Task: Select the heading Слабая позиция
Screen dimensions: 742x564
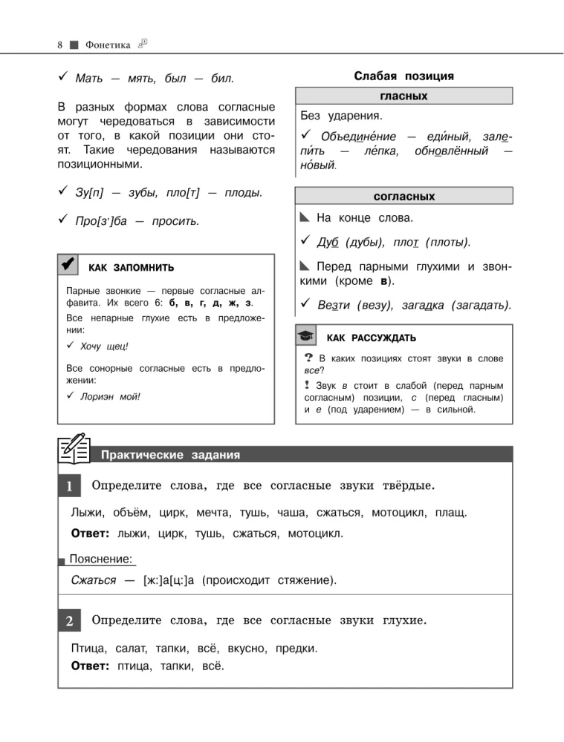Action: (x=404, y=76)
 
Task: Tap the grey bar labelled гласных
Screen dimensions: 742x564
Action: (x=403, y=96)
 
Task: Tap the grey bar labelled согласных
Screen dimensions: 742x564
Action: (x=403, y=197)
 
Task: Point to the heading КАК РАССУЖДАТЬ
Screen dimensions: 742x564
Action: (x=372, y=338)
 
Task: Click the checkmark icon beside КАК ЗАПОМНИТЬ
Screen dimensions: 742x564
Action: (x=67, y=263)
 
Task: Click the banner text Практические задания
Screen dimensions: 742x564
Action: (x=170, y=455)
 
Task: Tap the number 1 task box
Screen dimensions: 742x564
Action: (x=68, y=487)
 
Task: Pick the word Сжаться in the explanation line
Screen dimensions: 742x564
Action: (x=93, y=580)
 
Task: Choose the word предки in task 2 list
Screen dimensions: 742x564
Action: (x=296, y=648)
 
